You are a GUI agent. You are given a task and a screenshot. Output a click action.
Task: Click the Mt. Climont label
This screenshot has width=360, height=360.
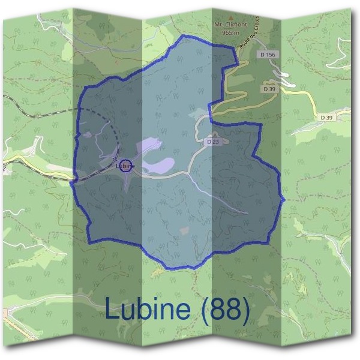coord(230,25)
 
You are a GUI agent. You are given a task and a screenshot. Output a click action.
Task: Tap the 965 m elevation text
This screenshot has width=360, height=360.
coord(230,32)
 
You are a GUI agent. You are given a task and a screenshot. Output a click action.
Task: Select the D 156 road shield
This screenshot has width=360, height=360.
coord(269,55)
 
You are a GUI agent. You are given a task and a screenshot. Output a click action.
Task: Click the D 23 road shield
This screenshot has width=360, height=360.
coord(212,142)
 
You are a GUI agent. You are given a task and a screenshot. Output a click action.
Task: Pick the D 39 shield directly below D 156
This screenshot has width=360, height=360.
coord(269,89)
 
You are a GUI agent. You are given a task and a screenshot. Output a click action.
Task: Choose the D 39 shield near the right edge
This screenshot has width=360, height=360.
coord(326,118)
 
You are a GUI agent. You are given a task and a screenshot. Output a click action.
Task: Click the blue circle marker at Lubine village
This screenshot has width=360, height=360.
coord(125,165)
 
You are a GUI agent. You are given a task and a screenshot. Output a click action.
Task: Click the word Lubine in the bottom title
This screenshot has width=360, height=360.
coord(148,309)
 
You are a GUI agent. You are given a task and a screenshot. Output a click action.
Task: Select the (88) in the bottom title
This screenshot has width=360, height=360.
coord(225,309)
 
